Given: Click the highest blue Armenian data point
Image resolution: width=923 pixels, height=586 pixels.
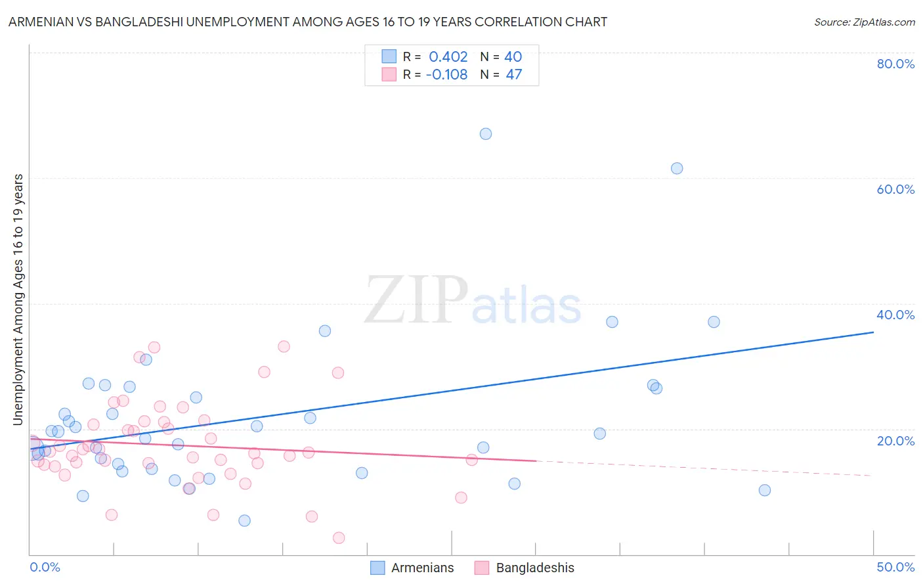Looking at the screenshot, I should pyautogui.click(x=486, y=134).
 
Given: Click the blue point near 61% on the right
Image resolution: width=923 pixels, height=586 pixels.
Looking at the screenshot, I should pyautogui.click(x=677, y=168).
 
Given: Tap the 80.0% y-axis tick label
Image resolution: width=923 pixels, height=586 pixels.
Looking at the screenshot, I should pyautogui.click(x=895, y=64).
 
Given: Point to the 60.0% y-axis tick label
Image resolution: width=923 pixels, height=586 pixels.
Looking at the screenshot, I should pyautogui.click(x=895, y=189).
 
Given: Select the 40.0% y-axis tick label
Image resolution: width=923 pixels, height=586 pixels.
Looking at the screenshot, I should pyautogui.click(x=895, y=315).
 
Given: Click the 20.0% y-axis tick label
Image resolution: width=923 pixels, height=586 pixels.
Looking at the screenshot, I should pyautogui.click(x=895, y=441).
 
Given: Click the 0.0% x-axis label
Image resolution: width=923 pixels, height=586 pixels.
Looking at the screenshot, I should pyautogui.click(x=45, y=567).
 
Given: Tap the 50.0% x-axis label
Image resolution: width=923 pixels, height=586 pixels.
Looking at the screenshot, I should pyautogui.click(x=895, y=567).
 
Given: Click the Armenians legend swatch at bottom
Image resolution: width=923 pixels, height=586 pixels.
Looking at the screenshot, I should pyautogui.click(x=377, y=568).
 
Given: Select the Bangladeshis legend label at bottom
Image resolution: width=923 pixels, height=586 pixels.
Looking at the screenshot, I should pyautogui.click(x=534, y=568).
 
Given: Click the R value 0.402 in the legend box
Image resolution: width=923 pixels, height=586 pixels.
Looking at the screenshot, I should pyautogui.click(x=448, y=57).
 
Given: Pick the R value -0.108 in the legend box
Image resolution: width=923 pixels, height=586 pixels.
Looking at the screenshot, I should pyautogui.click(x=446, y=75).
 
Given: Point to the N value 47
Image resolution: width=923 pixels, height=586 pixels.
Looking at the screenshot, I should pyautogui.click(x=513, y=75).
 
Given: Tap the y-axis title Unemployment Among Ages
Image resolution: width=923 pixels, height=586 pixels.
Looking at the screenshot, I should pyautogui.click(x=18, y=299).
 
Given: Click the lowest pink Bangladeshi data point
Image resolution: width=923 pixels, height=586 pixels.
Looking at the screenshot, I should pyautogui.click(x=339, y=538).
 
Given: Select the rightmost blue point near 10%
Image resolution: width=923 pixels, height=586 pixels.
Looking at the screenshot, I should pyautogui.click(x=764, y=490).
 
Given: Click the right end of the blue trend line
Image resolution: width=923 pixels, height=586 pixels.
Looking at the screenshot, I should pyautogui.click(x=872, y=332).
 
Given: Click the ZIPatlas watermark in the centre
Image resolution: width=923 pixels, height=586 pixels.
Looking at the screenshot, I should pyautogui.click(x=473, y=301).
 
